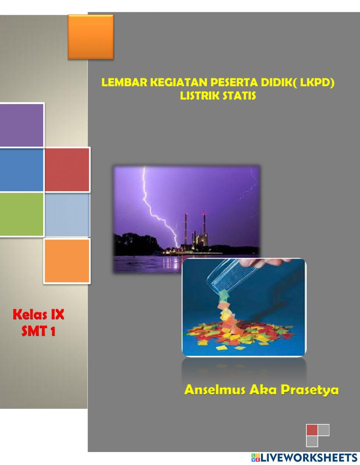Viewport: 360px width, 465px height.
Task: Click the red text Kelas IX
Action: click(x=39, y=315)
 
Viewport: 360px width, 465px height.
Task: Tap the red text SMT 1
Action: click(x=39, y=331)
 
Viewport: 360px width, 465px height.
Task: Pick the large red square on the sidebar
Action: click(x=67, y=169)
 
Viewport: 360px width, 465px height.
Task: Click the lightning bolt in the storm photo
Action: click(x=155, y=213)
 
